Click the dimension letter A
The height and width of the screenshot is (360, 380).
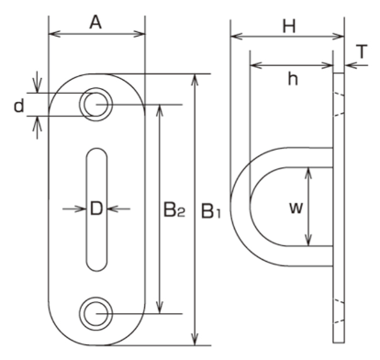point(95,22)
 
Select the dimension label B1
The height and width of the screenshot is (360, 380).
point(211,211)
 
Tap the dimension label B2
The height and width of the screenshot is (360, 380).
point(173,210)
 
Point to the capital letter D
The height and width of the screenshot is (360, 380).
point(96,209)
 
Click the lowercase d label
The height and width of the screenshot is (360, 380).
point(19,106)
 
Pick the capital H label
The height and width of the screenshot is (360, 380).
point(289,26)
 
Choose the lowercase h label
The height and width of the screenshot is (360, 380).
point(293,79)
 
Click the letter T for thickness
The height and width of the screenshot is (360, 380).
point(362,51)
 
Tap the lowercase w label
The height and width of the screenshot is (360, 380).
point(296,208)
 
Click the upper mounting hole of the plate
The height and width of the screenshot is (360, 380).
point(96,105)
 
